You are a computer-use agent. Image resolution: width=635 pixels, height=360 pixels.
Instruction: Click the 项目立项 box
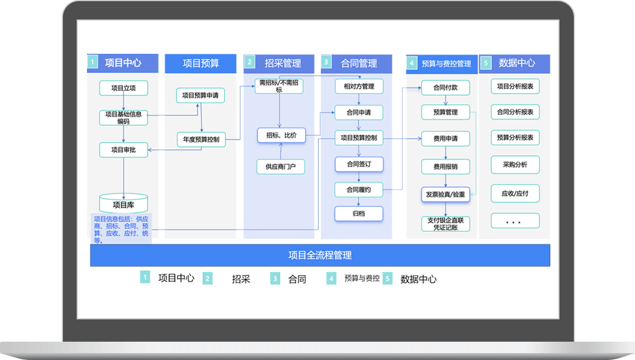coord(124,88)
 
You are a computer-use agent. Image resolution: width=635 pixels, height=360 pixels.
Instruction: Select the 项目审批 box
coord(124,150)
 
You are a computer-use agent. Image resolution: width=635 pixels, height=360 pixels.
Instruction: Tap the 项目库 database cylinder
coord(124,204)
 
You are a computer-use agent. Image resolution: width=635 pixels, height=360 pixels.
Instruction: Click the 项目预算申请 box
coord(200,96)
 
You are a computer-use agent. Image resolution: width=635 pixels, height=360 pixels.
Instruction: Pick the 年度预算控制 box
coord(201,139)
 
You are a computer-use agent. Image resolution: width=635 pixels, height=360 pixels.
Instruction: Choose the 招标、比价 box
coord(281,135)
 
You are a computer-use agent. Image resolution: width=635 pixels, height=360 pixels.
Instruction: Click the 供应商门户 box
coord(280,167)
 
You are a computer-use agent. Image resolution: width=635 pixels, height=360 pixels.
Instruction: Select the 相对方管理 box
coord(359,86)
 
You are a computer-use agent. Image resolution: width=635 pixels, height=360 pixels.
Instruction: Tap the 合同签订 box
coord(359,164)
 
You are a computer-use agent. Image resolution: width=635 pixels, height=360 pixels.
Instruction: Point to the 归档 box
coord(359,213)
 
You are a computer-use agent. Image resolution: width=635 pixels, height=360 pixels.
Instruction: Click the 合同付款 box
coord(445,88)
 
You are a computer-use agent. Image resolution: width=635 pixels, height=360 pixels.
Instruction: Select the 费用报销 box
coord(445,167)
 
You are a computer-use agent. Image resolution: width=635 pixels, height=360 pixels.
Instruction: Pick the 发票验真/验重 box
coord(445,195)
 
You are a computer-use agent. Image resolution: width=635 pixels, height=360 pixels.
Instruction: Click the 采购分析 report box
coord(515,165)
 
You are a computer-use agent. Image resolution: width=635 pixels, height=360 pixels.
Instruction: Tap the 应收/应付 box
coord(515,193)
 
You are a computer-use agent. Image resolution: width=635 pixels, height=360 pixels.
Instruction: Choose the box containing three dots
coord(515,221)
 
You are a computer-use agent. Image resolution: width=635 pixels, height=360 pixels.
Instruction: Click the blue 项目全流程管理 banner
coord(320,255)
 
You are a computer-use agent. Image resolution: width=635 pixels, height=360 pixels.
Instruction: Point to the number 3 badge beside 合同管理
coord(327,62)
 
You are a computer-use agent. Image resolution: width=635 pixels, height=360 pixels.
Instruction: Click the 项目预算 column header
coord(201,64)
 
